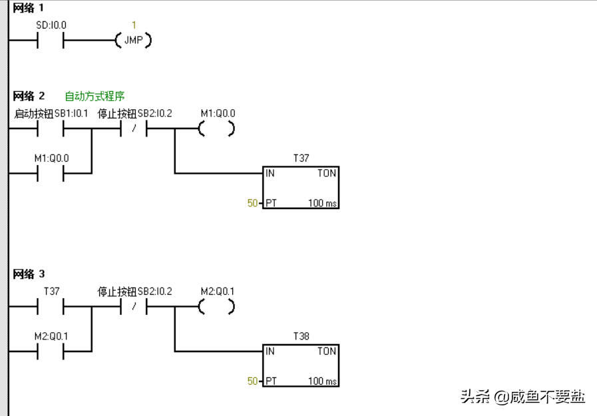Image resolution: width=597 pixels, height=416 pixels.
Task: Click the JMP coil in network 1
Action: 134,41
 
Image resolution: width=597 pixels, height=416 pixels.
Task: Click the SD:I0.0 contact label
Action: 51,25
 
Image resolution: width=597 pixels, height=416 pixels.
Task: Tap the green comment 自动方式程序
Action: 95,97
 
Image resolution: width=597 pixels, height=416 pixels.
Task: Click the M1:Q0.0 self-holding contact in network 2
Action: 51,174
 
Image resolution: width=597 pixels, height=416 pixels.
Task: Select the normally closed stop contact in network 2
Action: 134,130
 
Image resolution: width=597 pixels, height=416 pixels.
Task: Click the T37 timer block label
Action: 301,158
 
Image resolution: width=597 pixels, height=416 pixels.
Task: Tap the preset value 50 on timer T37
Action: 252,203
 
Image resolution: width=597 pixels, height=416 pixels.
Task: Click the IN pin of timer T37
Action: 270,173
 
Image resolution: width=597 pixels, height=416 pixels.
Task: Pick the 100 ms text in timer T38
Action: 322,381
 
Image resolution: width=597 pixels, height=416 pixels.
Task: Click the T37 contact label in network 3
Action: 51,292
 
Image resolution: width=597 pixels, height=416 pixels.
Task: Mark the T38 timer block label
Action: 301,336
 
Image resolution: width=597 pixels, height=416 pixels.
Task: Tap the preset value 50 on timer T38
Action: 252,381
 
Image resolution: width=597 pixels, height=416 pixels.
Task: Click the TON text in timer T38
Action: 326,351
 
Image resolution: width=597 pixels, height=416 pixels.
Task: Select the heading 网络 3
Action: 29,274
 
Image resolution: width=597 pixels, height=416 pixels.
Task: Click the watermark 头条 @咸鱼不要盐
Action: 523,397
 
